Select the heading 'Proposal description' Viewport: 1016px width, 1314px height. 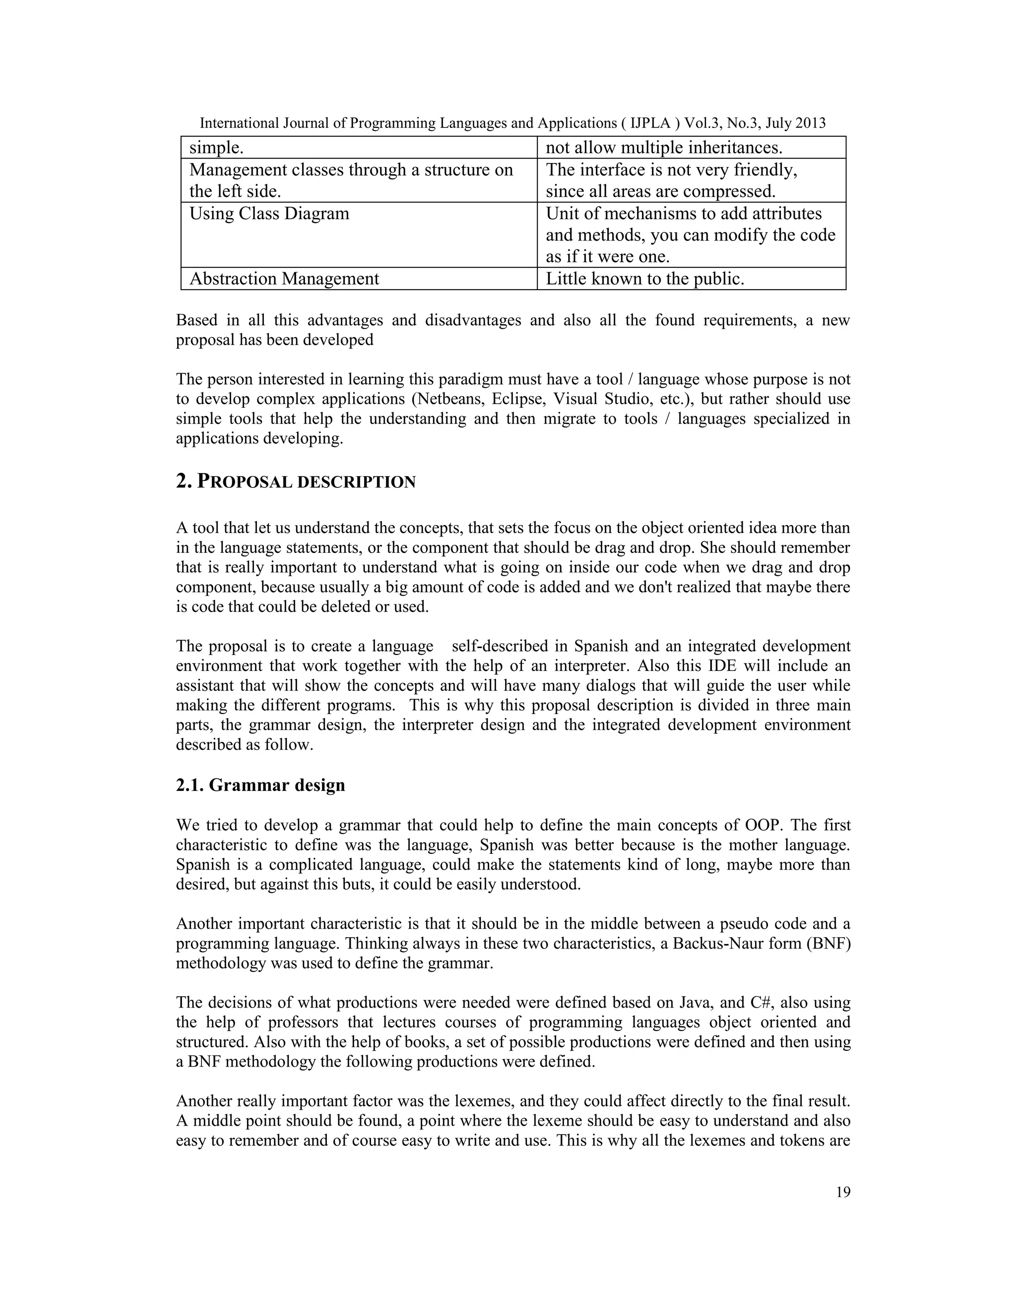[x=296, y=482]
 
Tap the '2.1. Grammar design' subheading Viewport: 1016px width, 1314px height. [x=260, y=785]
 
